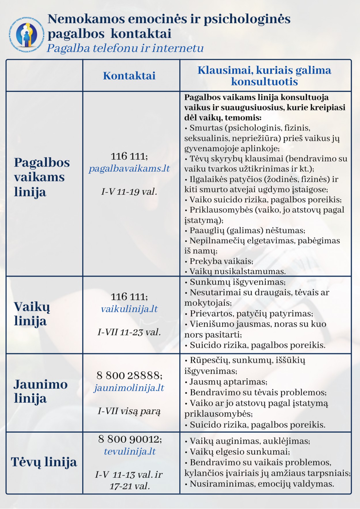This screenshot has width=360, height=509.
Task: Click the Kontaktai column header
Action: (129, 76)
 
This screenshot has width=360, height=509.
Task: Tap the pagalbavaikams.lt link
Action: (129, 169)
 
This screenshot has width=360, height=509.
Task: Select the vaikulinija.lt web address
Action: (129, 309)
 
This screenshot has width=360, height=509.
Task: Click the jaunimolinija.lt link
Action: (129, 388)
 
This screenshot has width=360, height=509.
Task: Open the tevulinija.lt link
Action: (130, 451)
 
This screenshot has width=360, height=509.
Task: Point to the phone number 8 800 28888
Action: (129, 375)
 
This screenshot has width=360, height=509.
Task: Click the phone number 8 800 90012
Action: (130, 439)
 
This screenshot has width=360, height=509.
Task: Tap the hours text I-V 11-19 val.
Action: (129, 192)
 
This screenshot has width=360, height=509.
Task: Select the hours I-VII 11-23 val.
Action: (129, 332)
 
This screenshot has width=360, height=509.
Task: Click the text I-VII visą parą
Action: (129, 411)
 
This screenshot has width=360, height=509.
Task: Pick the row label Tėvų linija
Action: (44, 462)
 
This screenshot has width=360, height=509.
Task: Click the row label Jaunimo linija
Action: (41, 391)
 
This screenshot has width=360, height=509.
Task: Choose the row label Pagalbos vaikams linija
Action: (42, 177)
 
